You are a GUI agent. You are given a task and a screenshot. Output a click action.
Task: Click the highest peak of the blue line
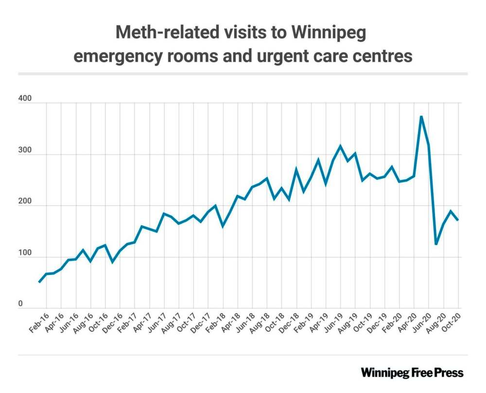pos(421,117)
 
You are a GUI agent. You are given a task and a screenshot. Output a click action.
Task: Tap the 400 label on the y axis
pos(25,99)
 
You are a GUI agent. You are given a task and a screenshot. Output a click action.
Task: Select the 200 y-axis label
pos(25,202)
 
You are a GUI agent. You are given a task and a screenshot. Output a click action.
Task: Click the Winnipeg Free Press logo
pos(412,373)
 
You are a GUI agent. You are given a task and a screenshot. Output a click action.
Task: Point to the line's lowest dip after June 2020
pos(436,244)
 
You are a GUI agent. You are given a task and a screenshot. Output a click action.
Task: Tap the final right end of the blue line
pos(458,220)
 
